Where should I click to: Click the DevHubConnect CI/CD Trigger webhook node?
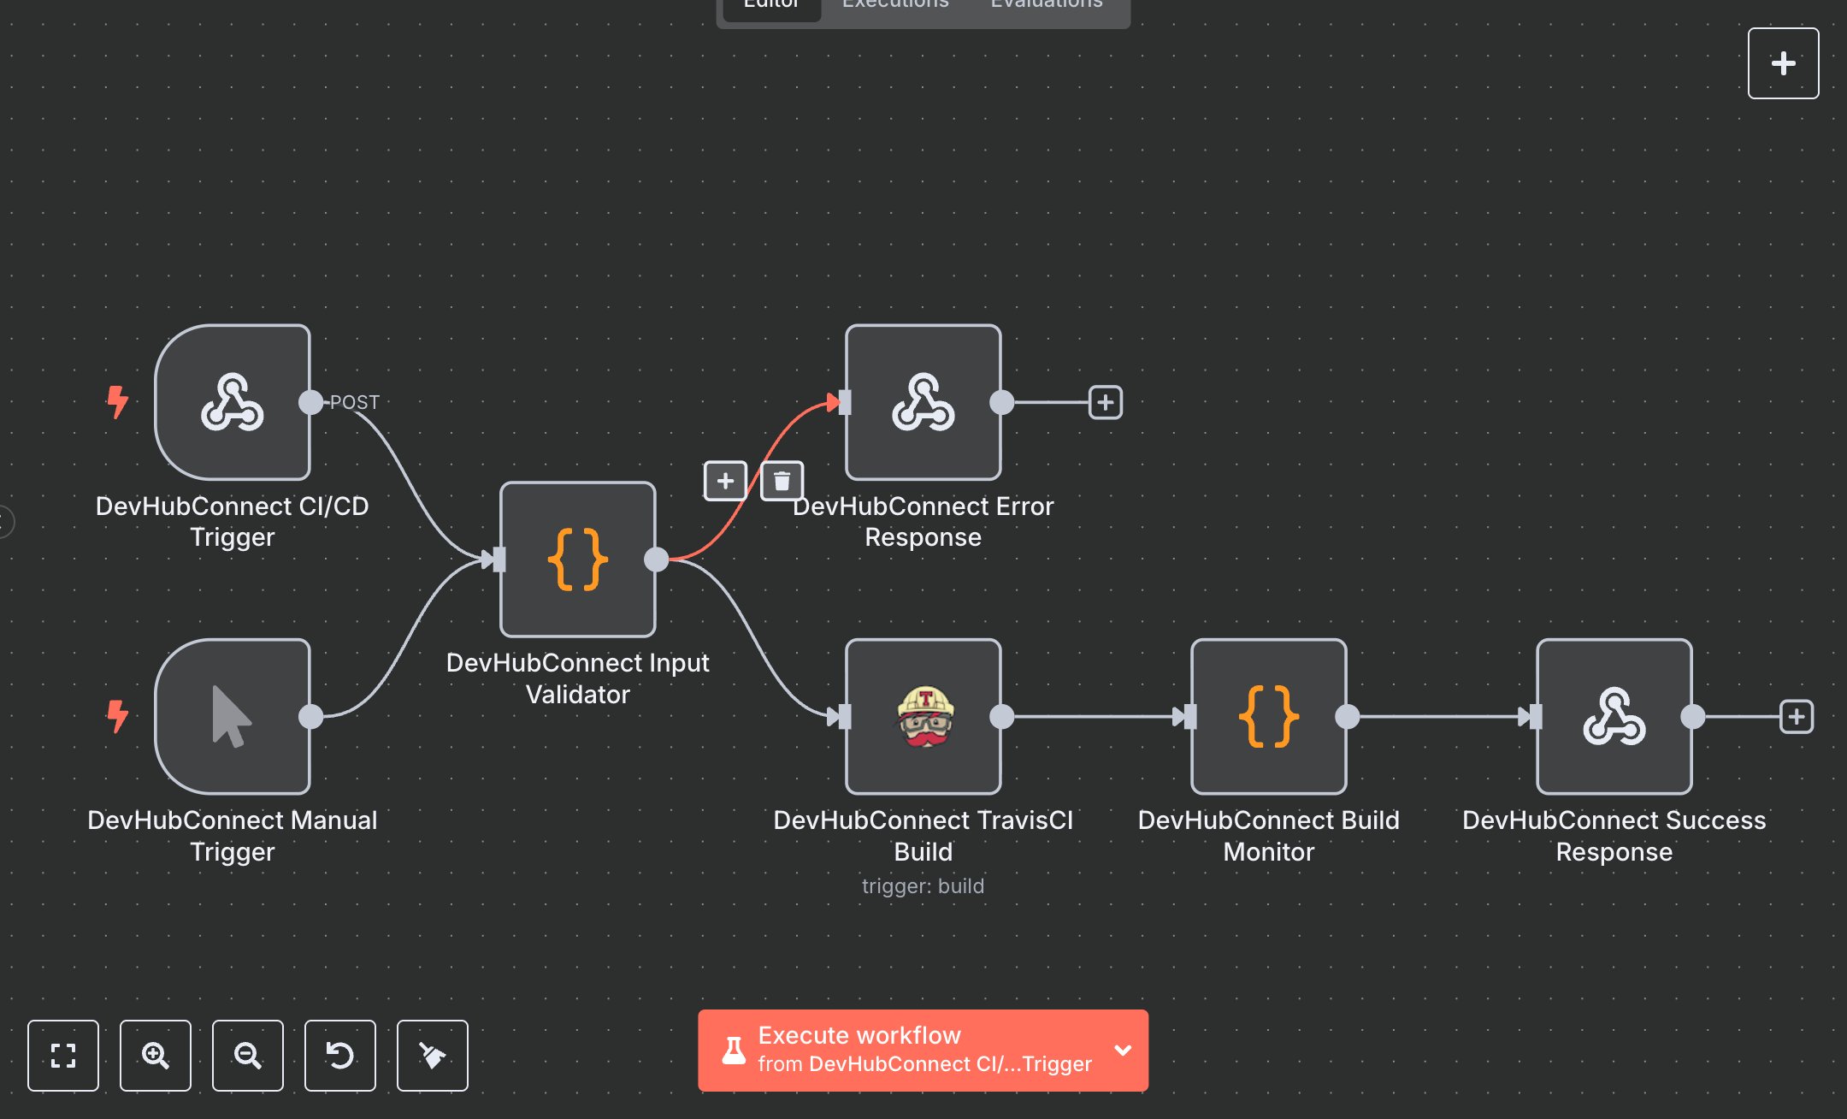click(x=233, y=402)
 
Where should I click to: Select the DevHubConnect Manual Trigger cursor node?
click(x=233, y=717)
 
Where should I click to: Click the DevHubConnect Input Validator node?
click(x=578, y=559)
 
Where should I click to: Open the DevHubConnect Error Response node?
click(x=923, y=402)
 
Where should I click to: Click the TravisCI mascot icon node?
click(x=923, y=717)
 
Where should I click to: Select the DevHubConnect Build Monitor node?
click(x=1269, y=717)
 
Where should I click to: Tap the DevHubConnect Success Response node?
click(x=1614, y=717)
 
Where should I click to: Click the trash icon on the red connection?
click(x=782, y=481)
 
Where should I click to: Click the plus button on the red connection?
click(x=725, y=481)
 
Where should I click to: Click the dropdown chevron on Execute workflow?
click(x=1123, y=1051)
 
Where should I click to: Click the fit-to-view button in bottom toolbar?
click(x=63, y=1056)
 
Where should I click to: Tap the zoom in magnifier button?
click(x=156, y=1056)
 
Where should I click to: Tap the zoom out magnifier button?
click(x=248, y=1056)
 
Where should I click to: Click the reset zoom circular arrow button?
click(x=340, y=1056)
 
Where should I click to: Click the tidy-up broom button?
click(x=433, y=1056)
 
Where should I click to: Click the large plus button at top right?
click(x=1783, y=63)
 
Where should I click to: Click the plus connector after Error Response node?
click(x=1105, y=402)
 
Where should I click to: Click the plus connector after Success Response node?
click(x=1796, y=717)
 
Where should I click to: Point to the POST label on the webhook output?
click(x=355, y=402)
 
